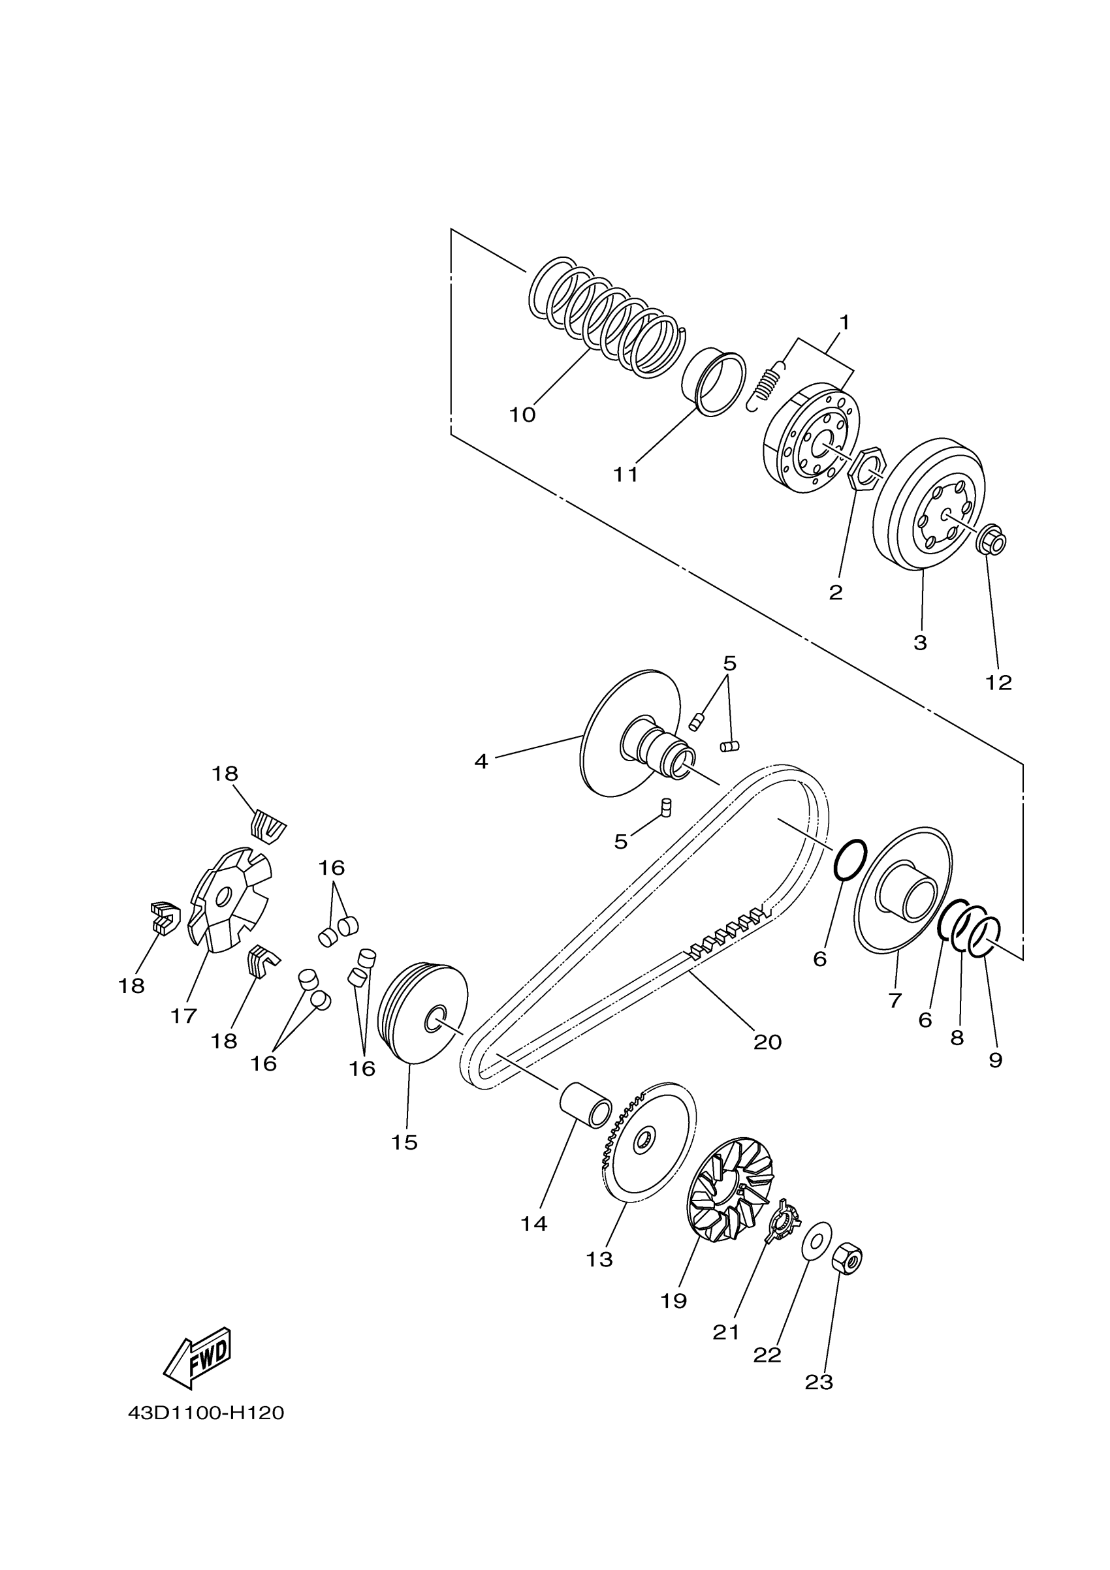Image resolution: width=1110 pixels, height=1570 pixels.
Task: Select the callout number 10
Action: coord(522,415)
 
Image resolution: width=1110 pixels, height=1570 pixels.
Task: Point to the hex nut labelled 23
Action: coord(848,1257)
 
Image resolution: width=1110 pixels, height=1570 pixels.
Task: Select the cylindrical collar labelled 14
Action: coord(586,1104)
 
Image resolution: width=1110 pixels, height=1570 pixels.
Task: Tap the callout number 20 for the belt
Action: coord(767,1042)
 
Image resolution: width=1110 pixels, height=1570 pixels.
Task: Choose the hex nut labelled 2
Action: coord(866,469)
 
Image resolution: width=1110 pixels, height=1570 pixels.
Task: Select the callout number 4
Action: coord(481,761)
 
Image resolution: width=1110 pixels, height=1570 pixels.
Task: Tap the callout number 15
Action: coord(404,1142)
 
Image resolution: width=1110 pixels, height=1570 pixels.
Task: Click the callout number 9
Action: coord(996,1061)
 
